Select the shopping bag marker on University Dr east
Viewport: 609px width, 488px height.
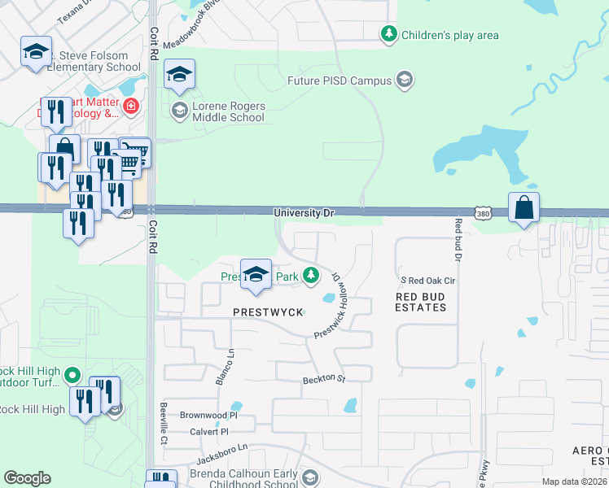(524, 208)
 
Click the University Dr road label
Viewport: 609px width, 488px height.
(304, 213)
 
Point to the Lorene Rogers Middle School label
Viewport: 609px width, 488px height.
(228, 111)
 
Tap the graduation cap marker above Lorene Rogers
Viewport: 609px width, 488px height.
(179, 76)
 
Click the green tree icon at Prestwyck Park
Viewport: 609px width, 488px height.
(310, 277)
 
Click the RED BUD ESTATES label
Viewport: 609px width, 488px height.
(421, 302)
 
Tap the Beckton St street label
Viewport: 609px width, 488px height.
(324, 379)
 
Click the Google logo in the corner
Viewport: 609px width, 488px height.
(27, 478)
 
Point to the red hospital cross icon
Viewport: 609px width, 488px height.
(130, 107)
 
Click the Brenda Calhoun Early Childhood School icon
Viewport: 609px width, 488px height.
(309, 477)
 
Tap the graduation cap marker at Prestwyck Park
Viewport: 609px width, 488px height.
(256, 275)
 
